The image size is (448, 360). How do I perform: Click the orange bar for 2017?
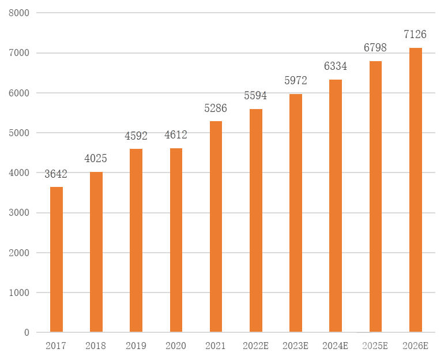[57, 260]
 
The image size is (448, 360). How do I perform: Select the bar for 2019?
[136, 241]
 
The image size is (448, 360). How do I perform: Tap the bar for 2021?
[216, 227]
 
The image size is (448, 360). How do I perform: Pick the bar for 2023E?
[296, 213]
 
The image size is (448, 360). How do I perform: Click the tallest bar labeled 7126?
[415, 190]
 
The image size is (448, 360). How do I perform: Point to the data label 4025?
[96, 159]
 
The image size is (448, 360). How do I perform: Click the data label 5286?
[216, 108]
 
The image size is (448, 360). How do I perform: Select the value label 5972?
[296, 81]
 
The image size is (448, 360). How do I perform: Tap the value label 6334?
[336, 66]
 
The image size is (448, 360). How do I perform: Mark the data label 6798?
[375, 48]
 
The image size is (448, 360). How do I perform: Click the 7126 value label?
[415, 35]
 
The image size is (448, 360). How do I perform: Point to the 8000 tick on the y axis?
[19, 13]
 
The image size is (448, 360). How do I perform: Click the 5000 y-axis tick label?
[19, 133]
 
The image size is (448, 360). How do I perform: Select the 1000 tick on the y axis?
[19, 292]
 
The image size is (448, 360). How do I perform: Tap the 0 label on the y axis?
[27, 332]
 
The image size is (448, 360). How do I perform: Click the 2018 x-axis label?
[96, 346]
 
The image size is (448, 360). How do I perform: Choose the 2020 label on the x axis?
[176, 346]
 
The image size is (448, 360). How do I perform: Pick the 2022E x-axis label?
[255, 346]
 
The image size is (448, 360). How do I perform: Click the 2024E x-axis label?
[336, 346]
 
